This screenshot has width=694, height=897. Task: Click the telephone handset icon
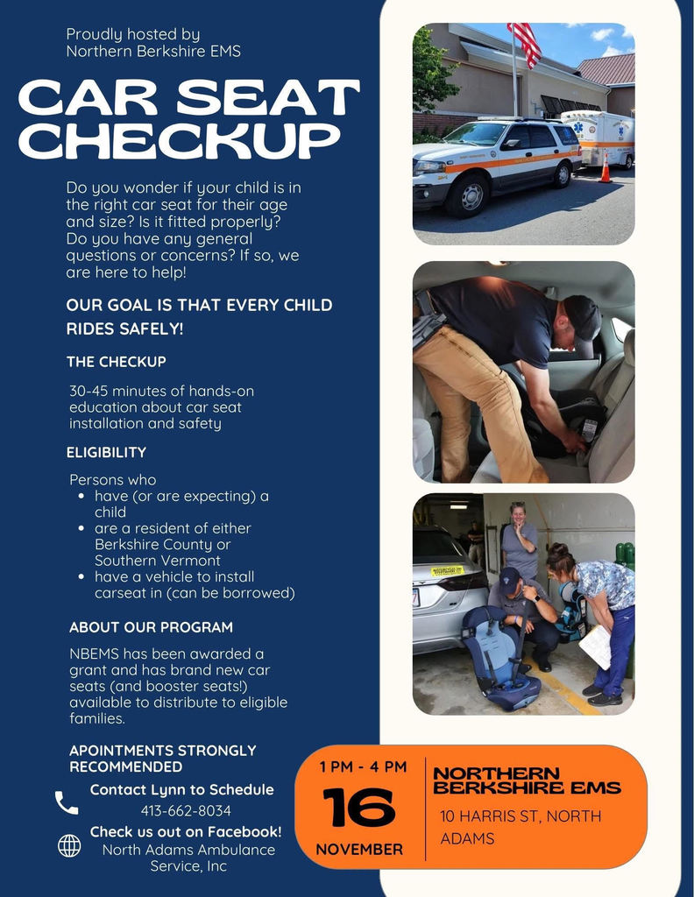point(67,802)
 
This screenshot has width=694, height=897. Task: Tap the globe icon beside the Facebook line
point(69,845)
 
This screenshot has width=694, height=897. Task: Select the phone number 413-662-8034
point(186,810)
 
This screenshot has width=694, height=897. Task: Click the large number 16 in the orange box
point(358,808)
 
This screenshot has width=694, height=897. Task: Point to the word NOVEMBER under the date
point(359,849)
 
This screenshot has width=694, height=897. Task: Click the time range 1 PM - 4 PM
point(363,766)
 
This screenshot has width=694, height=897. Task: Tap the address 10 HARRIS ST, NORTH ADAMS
point(520,827)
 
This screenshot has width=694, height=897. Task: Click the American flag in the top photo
point(524,43)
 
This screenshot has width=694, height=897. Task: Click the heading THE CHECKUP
point(116,361)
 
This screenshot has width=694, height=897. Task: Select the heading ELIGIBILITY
point(106,452)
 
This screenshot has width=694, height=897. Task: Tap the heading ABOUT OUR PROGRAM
point(151,627)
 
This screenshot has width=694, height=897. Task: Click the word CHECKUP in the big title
point(179,140)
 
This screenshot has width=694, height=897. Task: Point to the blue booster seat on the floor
point(500,662)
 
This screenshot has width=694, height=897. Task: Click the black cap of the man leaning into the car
point(581,315)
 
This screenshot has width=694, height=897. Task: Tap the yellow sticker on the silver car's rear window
point(446,570)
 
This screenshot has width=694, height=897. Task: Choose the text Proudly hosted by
point(133,34)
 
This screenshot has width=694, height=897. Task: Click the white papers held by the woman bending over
point(596,646)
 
